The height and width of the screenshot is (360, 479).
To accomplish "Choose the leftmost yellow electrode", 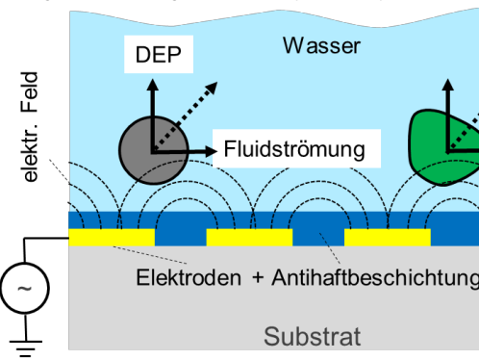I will click(112, 237).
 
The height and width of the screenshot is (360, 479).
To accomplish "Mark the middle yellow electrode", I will click(249, 237).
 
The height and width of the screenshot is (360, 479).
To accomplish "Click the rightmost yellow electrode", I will click(387, 237).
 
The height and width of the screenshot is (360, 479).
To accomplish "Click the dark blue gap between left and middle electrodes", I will click(180, 236).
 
